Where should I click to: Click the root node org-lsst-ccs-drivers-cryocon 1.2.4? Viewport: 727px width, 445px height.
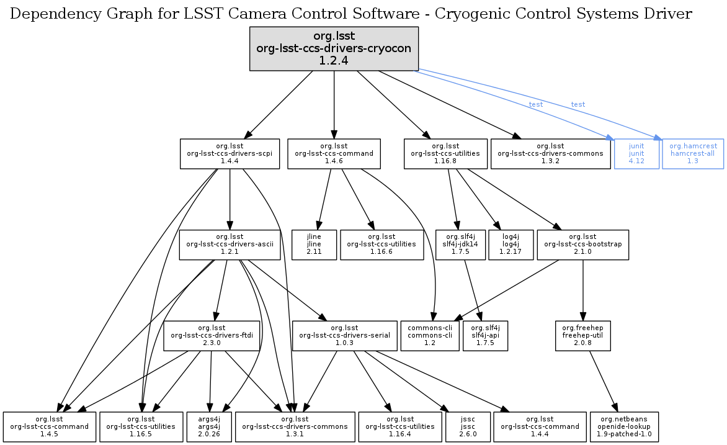tap(334, 48)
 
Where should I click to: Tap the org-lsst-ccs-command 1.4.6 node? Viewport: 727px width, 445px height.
tap(334, 153)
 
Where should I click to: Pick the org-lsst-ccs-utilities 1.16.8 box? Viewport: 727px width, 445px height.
tap(445, 153)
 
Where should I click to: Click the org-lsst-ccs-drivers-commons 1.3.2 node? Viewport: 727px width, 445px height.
tap(548, 153)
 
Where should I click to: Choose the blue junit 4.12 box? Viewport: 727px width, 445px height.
tap(636, 153)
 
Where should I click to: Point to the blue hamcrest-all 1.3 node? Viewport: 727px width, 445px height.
tap(693, 153)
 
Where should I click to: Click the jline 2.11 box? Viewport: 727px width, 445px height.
tap(314, 245)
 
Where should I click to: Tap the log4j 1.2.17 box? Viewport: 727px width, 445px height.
tap(511, 245)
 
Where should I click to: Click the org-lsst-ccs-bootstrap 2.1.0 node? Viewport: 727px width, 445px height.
tap(582, 245)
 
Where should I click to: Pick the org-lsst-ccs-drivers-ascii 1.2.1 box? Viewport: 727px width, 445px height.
tap(226, 245)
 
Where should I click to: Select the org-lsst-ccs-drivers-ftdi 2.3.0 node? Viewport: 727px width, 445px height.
tap(211, 335)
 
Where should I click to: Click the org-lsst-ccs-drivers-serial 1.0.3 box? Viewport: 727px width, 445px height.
tap(344, 335)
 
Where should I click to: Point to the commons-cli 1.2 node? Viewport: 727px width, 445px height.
tap(430, 335)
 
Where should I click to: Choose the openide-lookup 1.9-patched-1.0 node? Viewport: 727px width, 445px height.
tap(625, 426)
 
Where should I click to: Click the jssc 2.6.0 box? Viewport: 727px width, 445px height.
tap(466, 426)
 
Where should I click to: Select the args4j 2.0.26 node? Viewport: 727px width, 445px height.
tap(210, 426)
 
